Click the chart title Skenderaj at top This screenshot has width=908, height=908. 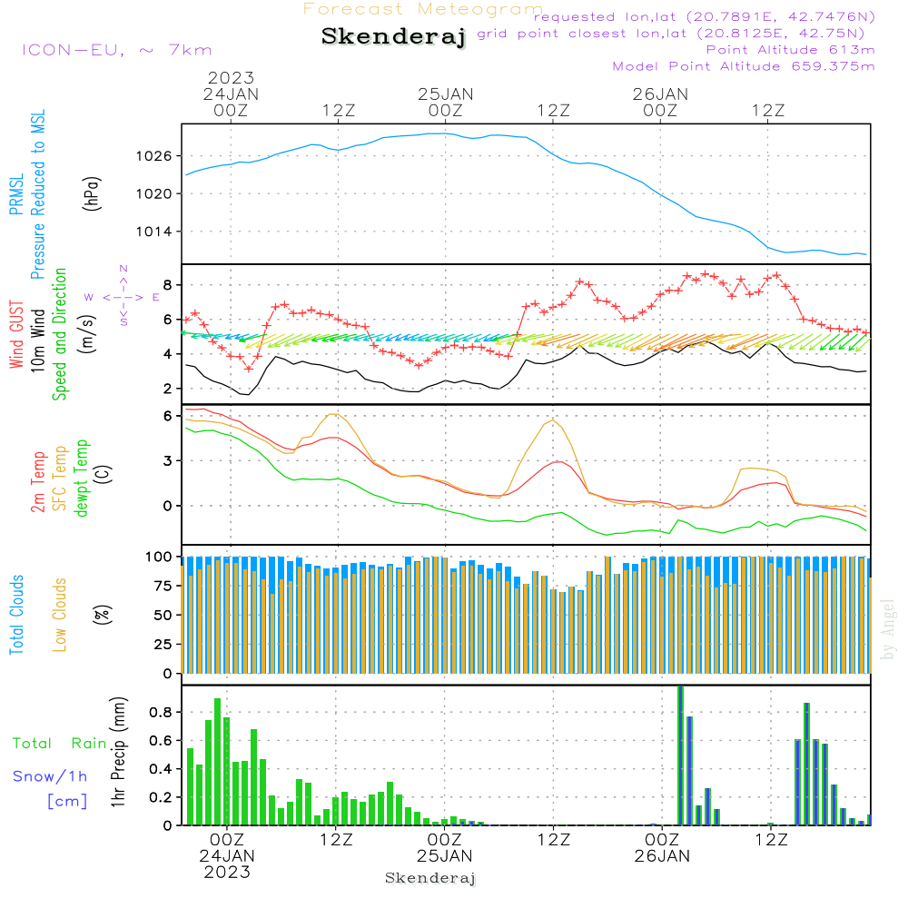pyautogui.click(x=393, y=37)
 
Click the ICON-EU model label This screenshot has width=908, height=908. pyautogui.click(x=116, y=50)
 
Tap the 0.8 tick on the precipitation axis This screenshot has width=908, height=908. pyautogui.click(x=161, y=712)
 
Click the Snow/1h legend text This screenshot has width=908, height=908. pyautogui.click(x=51, y=776)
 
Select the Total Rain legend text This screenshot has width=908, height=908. pyautogui.click(x=60, y=743)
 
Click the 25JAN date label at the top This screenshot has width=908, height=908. pyautogui.click(x=445, y=94)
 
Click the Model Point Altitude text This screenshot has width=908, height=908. pyautogui.click(x=744, y=66)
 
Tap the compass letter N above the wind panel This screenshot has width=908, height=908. pyautogui.click(x=123, y=269)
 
